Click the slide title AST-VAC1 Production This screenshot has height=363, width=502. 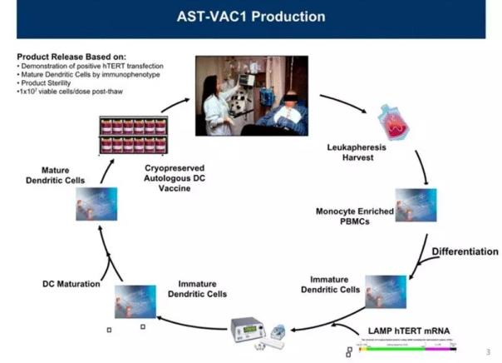(250, 17)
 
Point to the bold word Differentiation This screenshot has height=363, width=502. (465, 251)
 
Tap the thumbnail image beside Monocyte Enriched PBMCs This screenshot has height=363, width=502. (416, 204)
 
